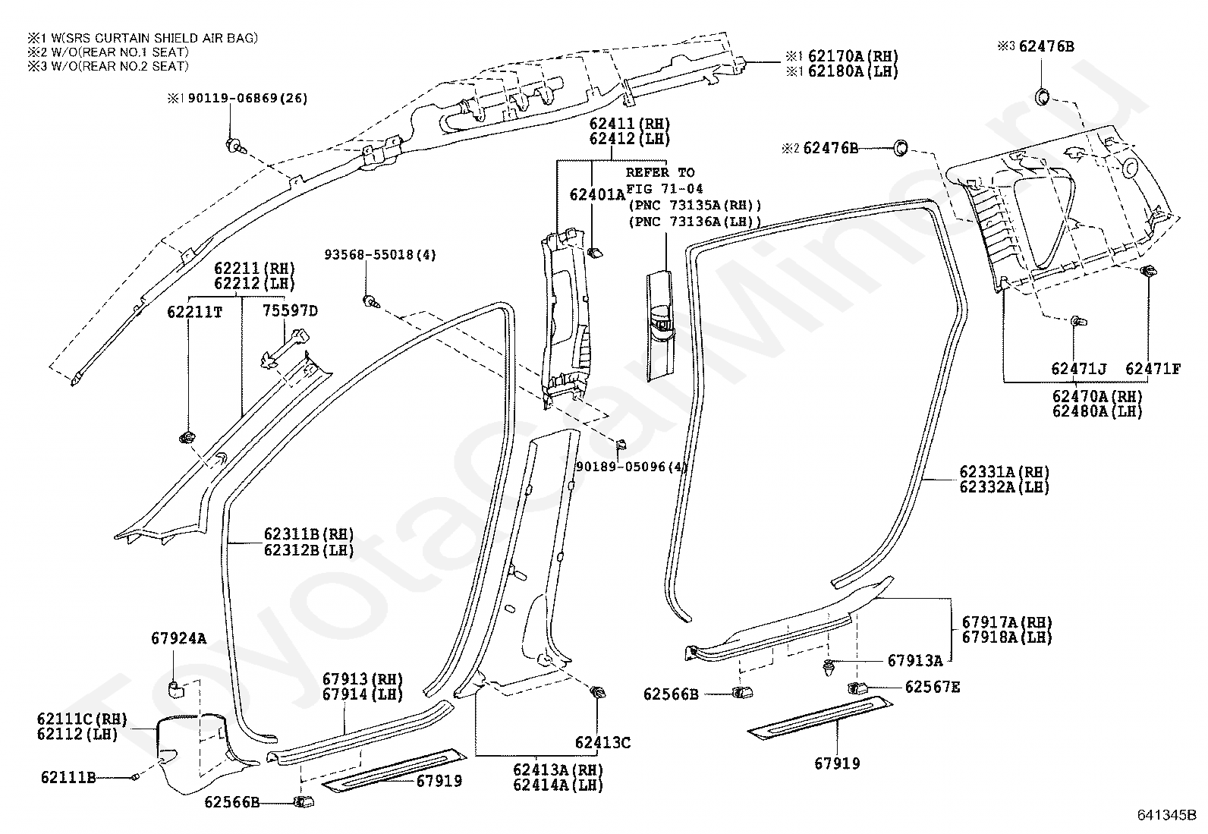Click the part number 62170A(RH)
coord(853,56)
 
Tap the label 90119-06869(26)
coord(247,98)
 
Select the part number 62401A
coord(597,194)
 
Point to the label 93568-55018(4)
coord(380,255)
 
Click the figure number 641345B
coord(1166,814)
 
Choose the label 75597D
coord(290,310)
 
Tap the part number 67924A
coord(178,639)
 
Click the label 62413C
coord(602,743)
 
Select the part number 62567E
coord(933,687)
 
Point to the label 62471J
coord(1078,369)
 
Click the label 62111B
coord(68,777)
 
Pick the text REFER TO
coord(660,172)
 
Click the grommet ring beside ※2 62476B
coord(901,147)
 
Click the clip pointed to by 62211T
coord(187,438)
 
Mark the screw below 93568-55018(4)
coord(370,301)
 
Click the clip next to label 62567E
coord(857,688)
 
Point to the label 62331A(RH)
coord(1004,472)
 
